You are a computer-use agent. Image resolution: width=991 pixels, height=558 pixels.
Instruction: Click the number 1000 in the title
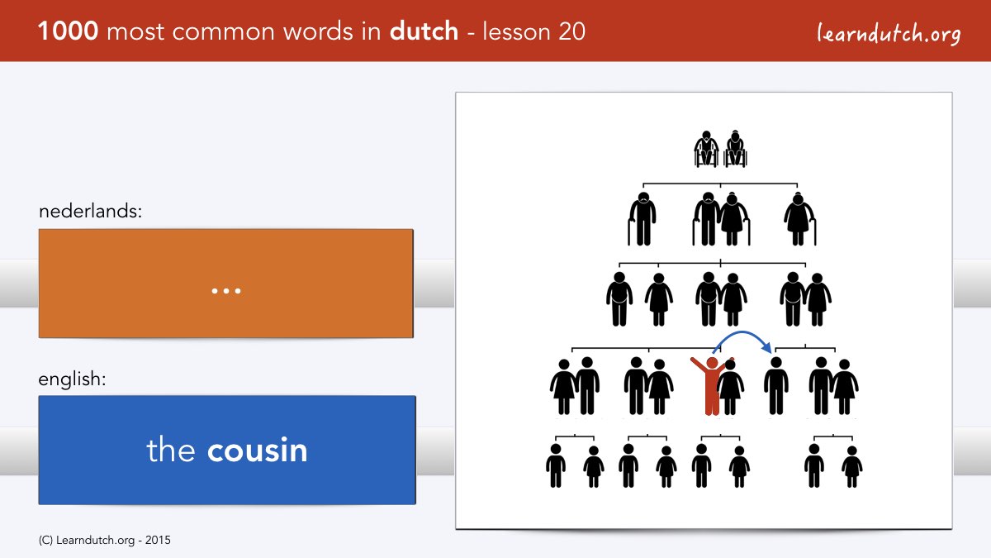coord(68,31)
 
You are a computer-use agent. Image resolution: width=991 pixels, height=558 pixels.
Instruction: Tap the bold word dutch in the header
coord(424,31)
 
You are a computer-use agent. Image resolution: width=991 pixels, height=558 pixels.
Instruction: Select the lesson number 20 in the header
coord(571,31)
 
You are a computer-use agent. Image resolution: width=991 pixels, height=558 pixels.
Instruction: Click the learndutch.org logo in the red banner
coord(889,33)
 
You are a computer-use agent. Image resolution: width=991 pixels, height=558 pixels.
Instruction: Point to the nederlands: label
coord(90,211)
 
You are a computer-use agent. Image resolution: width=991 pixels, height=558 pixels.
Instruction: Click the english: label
coord(72,379)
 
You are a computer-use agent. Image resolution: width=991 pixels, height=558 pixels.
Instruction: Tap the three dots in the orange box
coord(226,291)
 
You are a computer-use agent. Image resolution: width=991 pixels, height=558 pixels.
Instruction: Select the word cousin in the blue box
coord(257,451)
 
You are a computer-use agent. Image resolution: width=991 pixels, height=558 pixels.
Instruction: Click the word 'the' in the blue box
coord(171,450)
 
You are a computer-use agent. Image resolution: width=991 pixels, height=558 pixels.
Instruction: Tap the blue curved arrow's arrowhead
coord(766,348)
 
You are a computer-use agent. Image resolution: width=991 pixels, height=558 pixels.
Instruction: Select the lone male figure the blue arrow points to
coord(776,386)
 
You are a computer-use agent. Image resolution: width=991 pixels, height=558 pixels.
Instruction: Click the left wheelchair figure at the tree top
coord(706,150)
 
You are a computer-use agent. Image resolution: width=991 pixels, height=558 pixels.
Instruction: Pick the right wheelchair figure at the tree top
coord(735,150)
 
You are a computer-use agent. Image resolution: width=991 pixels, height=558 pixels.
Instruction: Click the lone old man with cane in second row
coord(642,219)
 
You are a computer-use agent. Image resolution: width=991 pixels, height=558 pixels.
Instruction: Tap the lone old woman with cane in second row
coord(800,219)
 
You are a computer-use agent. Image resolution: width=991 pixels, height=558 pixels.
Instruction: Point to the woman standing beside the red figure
coord(731,387)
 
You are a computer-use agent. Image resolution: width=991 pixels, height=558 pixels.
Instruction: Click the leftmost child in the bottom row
coord(556,465)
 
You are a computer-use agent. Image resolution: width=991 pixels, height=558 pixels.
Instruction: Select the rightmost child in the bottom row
coord(852,467)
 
